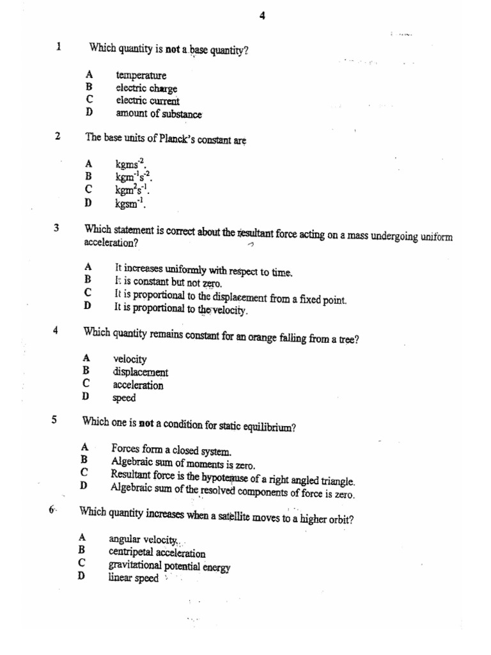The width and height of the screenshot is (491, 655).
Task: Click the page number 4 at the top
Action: tap(262, 17)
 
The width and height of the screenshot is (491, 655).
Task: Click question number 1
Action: tap(59, 47)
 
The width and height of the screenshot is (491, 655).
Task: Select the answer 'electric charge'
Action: tap(146, 88)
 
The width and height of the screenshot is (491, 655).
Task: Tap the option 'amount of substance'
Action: tap(159, 114)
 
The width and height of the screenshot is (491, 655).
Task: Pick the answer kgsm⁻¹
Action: tap(130, 204)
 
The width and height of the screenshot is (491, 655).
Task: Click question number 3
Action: tap(57, 228)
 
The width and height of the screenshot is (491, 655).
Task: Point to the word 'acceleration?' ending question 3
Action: tap(111, 244)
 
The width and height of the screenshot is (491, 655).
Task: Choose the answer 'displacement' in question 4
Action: tap(141, 372)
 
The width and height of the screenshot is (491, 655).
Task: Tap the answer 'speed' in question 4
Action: tap(124, 398)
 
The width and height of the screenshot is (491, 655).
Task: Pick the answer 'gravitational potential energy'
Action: tap(169, 567)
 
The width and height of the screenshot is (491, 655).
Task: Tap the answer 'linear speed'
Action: tap(133, 578)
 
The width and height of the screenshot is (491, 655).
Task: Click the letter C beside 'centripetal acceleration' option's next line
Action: tap(82, 563)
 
